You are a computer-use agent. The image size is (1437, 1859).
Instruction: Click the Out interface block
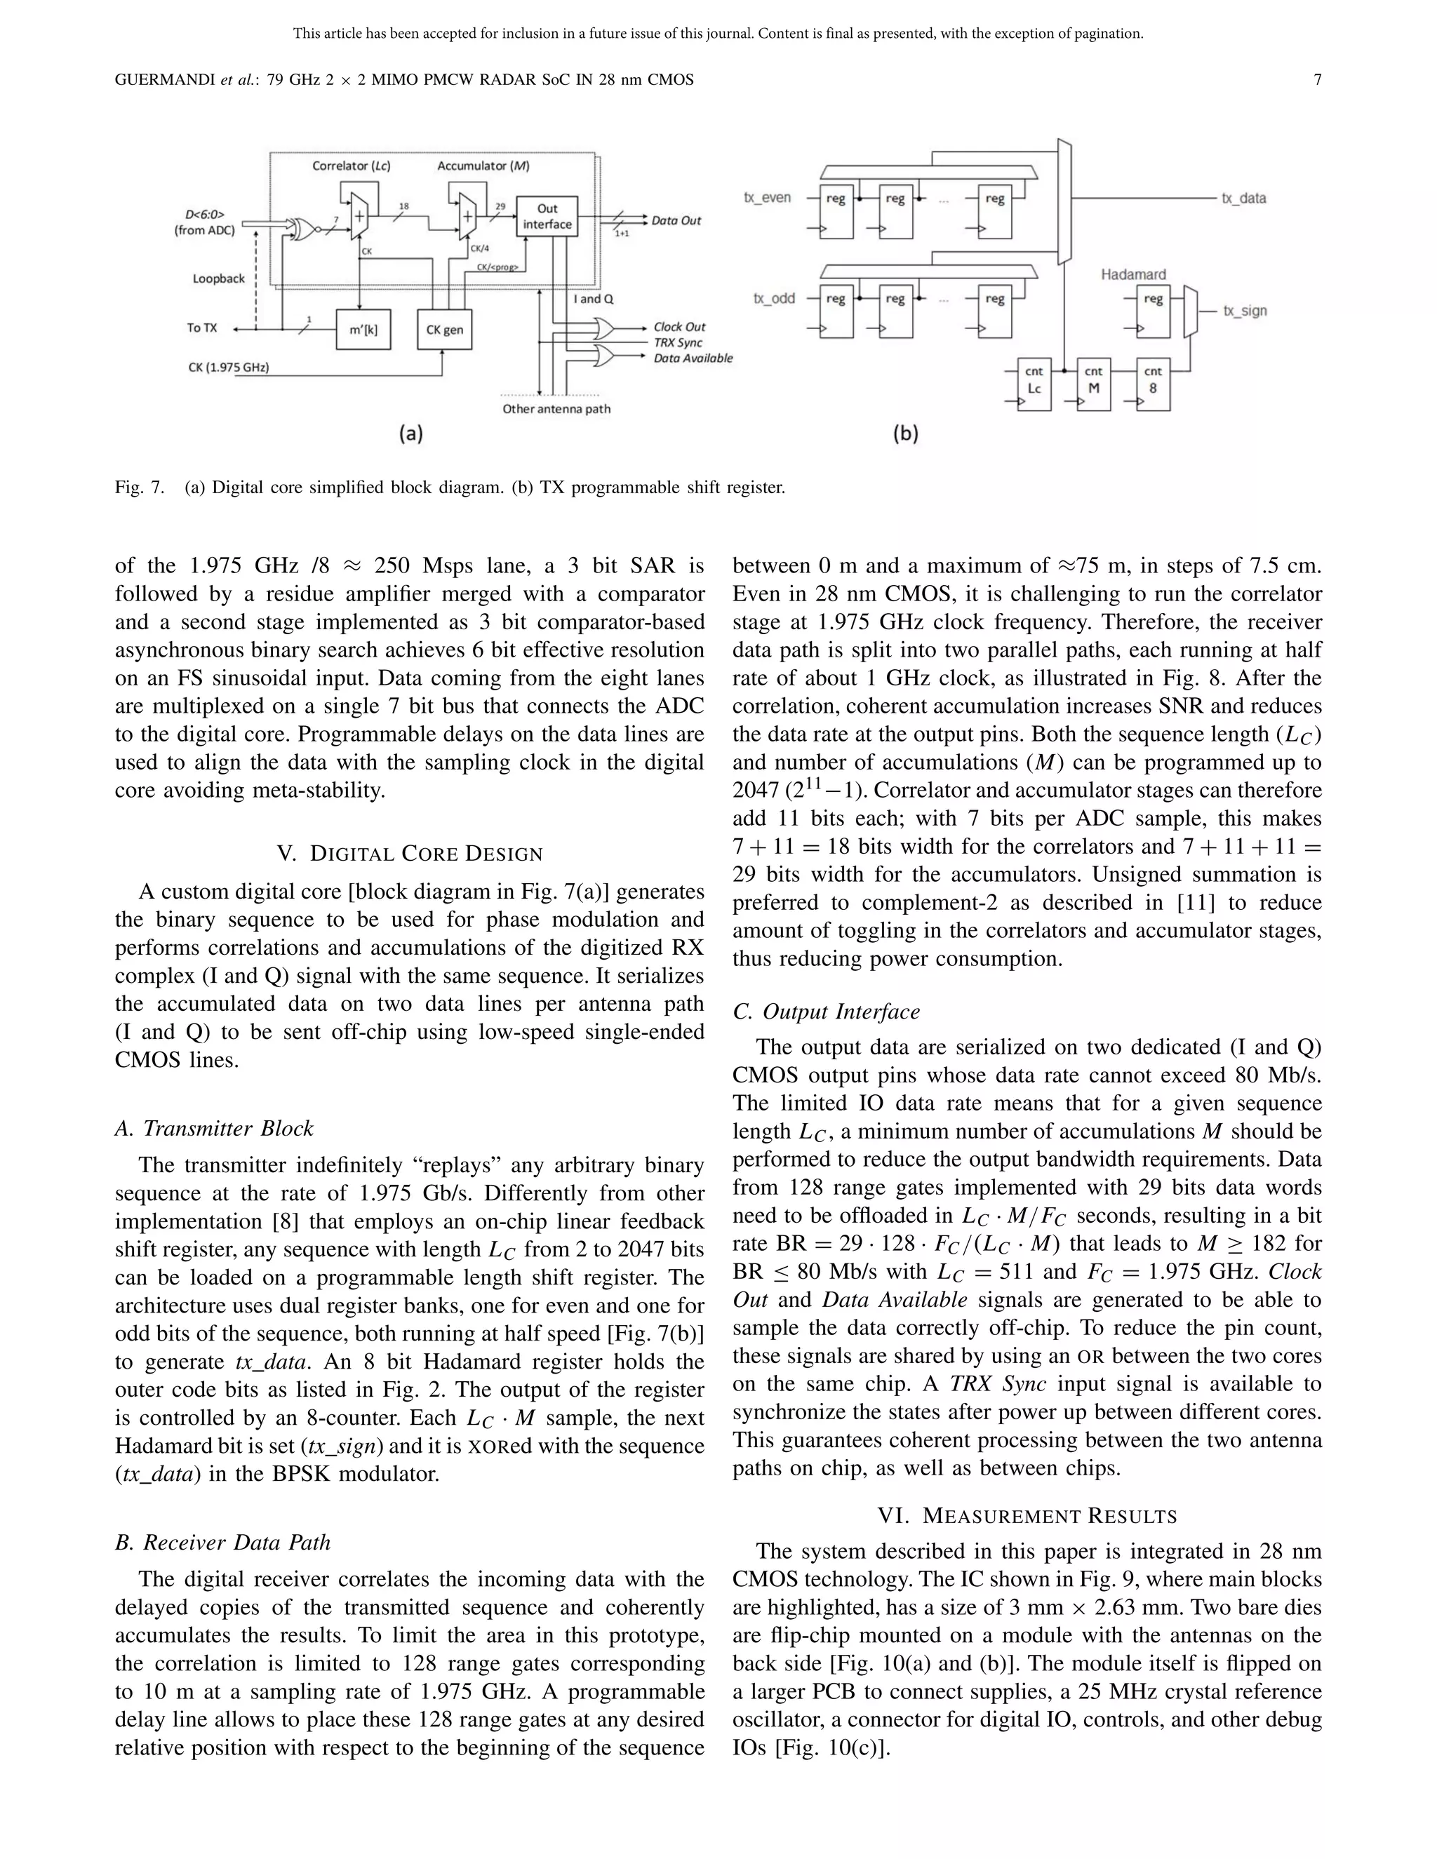[547, 216]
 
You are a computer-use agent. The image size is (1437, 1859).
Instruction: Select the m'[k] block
[363, 330]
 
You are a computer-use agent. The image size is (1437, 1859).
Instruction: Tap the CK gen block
[443, 330]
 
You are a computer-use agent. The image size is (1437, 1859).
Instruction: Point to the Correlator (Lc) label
[351, 166]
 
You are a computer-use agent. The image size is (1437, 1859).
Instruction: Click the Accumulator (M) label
[483, 166]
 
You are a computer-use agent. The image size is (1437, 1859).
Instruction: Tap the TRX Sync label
[678, 342]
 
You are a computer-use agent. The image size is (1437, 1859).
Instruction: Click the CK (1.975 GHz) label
[228, 368]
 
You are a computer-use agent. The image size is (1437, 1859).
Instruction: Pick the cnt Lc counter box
[1034, 380]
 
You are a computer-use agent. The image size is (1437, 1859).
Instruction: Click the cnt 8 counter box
[1153, 380]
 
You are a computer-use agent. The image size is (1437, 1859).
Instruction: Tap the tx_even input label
[767, 198]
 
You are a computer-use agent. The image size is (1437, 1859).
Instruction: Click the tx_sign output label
[1245, 311]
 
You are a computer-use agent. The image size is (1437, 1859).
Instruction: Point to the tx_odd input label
[774, 299]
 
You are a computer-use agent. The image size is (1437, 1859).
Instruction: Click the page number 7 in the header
[1317, 80]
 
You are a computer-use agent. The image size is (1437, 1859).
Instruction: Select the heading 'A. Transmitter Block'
[215, 1129]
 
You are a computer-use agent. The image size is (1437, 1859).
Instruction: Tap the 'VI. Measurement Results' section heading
[1027, 1516]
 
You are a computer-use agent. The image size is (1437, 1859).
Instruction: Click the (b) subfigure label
[905, 434]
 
